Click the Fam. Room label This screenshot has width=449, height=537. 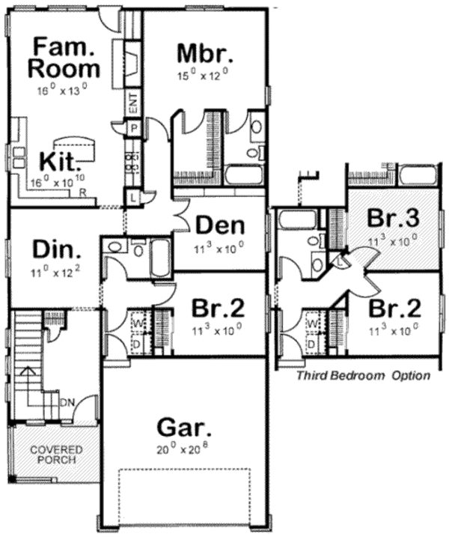pos(64,58)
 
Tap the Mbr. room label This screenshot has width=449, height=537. pos(205,54)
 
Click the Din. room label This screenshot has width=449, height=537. pos(57,248)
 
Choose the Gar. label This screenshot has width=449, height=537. pos(183,428)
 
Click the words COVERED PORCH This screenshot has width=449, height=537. pos(56,454)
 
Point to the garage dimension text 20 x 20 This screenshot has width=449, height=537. pos(183,449)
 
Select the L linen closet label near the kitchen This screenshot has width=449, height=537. pos(133,198)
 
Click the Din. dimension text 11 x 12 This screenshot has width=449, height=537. pos(56,269)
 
